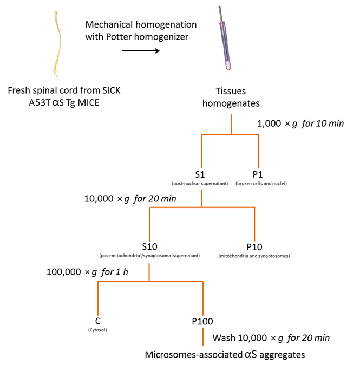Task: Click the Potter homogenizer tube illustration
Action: point(225,38)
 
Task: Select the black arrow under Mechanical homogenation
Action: point(141,51)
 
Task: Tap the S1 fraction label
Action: point(200,174)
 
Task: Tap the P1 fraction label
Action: point(258,174)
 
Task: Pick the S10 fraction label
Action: point(149,246)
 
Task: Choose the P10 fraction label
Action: point(254,247)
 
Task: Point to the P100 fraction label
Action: point(202,321)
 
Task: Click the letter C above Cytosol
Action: point(97,321)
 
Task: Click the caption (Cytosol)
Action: point(97,330)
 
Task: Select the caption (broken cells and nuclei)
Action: point(261,184)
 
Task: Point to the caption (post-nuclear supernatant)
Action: point(200,184)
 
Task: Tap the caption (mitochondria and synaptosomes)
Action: point(254,256)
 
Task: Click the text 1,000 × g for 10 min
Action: point(300,123)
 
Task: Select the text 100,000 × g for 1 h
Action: point(87,272)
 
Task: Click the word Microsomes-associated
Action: point(194,355)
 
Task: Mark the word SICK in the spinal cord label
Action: point(112,90)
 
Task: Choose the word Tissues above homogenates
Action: point(231,91)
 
